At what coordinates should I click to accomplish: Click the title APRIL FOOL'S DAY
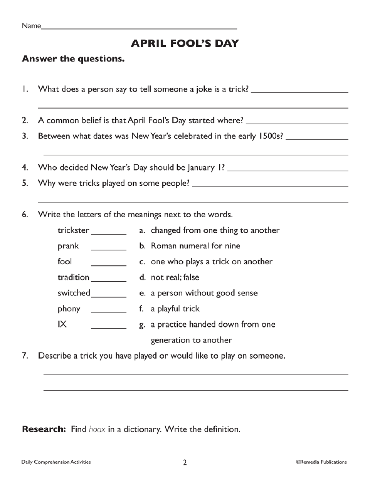click(185, 44)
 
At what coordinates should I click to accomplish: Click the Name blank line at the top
click(139, 27)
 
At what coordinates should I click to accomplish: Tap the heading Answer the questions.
click(73, 59)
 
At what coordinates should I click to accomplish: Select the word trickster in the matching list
click(73, 230)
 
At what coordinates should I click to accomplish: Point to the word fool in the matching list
click(65, 262)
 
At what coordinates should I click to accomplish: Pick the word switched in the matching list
click(74, 293)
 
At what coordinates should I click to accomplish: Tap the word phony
click(69, 309)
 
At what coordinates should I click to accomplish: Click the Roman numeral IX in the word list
click(62, 325)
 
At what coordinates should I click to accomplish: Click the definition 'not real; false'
click(175, 277)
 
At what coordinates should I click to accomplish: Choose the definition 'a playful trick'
click(175, 309)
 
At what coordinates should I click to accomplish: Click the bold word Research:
click(44, 429)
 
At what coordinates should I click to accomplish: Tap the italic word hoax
click(97, 429)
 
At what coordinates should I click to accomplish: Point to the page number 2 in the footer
click(185, 462)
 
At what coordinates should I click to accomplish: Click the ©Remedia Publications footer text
click(321, 462)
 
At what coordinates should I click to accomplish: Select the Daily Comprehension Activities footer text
click(56, 462)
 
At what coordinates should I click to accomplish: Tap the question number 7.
click(25, 356)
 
